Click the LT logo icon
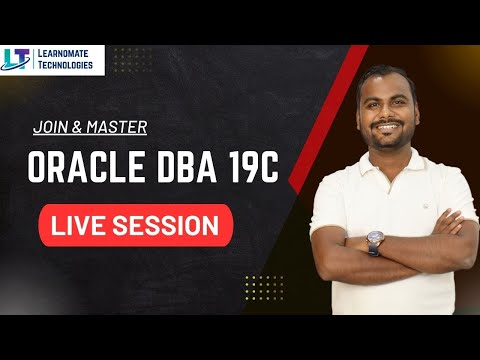click(18, 60)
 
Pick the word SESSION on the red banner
click(171, 225)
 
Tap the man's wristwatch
click(375, 241)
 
